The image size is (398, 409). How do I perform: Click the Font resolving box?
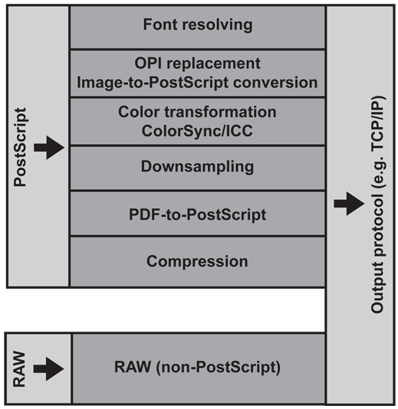(x=197, y=28)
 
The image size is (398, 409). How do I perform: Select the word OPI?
(x=147, y=64)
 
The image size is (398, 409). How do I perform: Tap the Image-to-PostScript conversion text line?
(x=197, y=83)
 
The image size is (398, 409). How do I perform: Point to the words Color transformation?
(x=197, y=112)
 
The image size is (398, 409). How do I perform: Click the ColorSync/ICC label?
(x=197, y=131)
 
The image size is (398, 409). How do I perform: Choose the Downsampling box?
(x=197, y=168)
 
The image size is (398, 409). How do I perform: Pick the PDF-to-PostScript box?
(x=197, y=214)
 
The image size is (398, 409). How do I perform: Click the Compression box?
(x=197, y=262)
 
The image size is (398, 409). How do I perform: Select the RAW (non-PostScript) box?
(x=199, y=368)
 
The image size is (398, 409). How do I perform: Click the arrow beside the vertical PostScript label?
(x=49, y=148)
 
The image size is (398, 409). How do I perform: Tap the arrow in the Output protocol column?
(x=349, y=204)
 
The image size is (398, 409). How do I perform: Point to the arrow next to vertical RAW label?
(x=48, y=369)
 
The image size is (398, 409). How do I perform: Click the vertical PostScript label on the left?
(x=20, y=147)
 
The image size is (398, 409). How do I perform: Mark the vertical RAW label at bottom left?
(x=19, y=369)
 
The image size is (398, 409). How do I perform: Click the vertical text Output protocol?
(x=377, y=254)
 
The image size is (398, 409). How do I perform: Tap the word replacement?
(x=213, y=64)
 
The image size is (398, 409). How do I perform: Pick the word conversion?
(x=275, y=83)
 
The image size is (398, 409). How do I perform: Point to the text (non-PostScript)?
(x=218, y=368)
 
